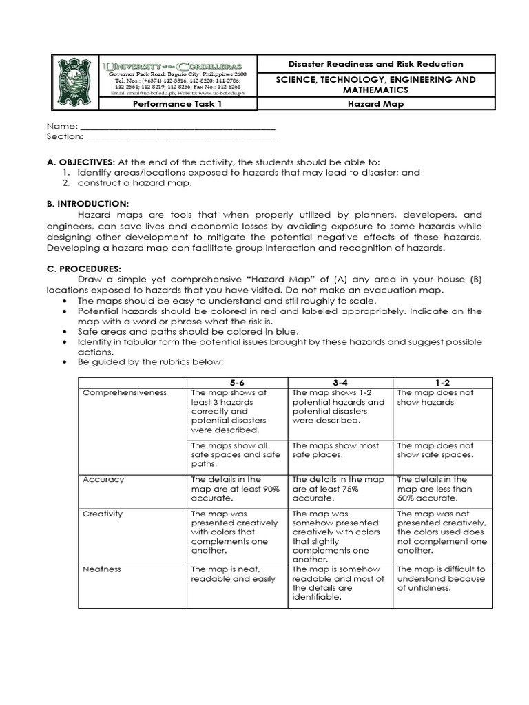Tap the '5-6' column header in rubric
(x=237, y=382)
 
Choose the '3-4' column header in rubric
(x=340, y=382)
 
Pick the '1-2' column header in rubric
(x=442, y=382)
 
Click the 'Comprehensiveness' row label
(x=124, y=392)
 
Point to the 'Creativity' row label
(x=103, y=514)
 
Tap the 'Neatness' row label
(x=102, y=569)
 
